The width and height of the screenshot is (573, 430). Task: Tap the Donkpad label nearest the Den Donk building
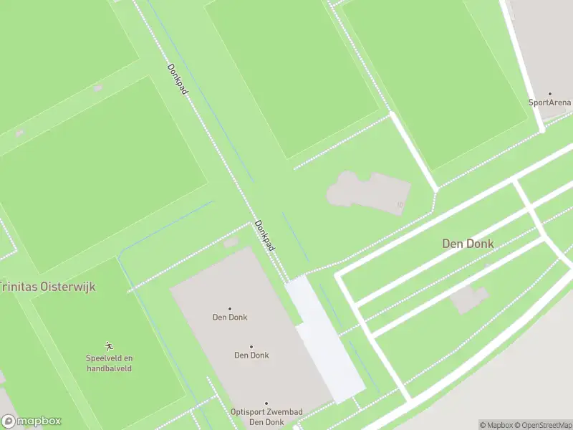[x=265, y=235]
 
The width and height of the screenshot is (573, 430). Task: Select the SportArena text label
[x=550, y=102]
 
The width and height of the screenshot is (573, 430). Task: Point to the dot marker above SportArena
[x=550, y=93]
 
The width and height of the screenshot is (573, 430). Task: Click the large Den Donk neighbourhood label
[x=468, y=244]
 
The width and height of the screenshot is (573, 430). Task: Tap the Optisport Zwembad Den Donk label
[x=266, y=416]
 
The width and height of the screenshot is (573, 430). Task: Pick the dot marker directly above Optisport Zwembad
[x=266, y=403]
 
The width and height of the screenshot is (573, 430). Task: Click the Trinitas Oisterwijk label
[x=47, y=287]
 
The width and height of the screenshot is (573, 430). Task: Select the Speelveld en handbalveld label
[x=110, y=363]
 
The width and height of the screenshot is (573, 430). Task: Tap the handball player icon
[x=110, y=346]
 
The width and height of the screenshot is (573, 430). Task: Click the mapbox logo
[x=31, y=421]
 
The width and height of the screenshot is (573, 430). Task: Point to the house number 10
[x=400, y=206]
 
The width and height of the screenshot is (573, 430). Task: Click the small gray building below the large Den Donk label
[x=469, y=298]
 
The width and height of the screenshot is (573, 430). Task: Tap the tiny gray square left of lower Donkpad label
[x=231, y=243]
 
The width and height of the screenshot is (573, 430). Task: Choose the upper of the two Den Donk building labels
[x=230, y=317]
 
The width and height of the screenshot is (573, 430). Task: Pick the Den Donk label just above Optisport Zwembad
[x=251, y=355]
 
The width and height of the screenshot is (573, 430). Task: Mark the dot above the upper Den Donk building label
[x=230, y=308]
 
